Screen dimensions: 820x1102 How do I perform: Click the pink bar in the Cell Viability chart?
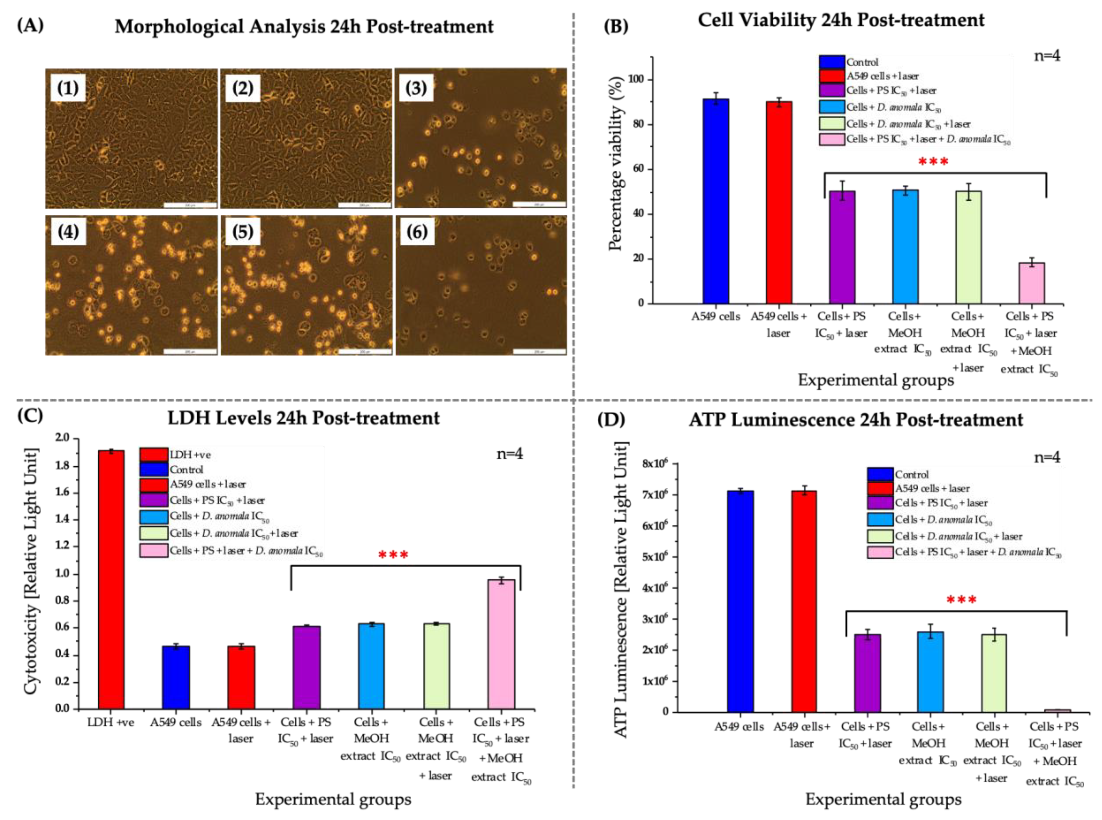coord(1031,283)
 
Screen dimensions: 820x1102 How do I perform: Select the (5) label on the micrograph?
coord(242,232)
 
